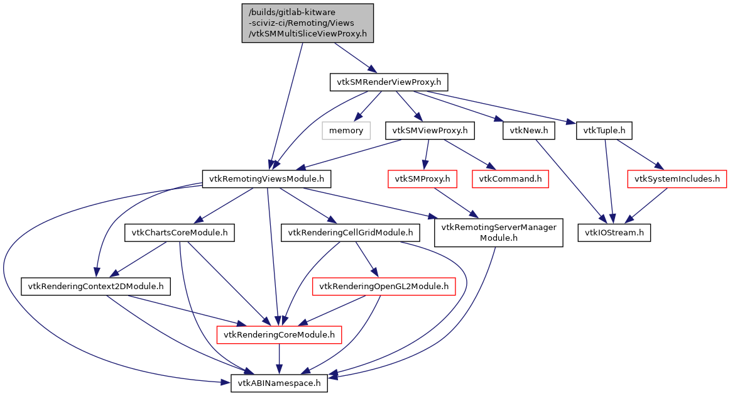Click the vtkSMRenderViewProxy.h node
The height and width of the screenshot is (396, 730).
(x=388, y=82)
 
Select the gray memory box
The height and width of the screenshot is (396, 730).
(x=346, y=131)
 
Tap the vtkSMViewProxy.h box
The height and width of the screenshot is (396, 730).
(x=430, y=131)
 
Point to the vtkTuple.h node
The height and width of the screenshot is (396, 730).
(x=604, y=131)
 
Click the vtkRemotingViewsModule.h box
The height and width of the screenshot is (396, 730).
(x=266, y=179)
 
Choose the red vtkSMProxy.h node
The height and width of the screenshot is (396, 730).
(x=422, y=179)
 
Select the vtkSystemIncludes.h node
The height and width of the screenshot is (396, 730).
(x=677, y=179)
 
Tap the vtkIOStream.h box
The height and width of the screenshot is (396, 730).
(x=614, y=233)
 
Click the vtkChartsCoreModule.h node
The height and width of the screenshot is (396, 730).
(x=180, y=233)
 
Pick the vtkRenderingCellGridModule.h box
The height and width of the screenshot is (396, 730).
(x=351, y=233)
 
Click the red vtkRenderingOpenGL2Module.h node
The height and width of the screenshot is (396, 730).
(x=384, y=287)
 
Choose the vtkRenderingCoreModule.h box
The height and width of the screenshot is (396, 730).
(x=279, y=335)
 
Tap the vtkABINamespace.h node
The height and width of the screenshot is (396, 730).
(x=280, y=383)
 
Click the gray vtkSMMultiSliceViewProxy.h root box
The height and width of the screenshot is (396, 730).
(x=308, y=23)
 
